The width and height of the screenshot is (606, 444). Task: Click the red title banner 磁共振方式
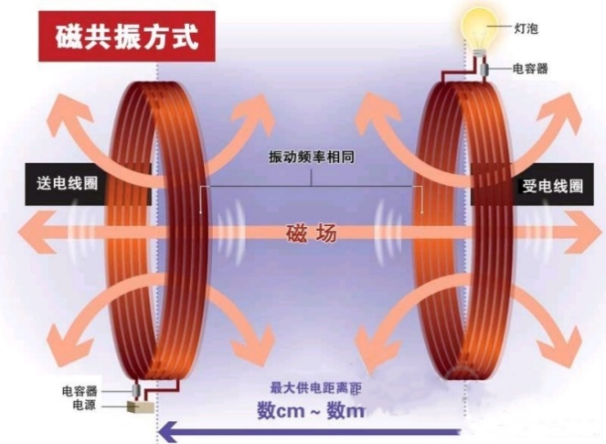click(x=127, y=37)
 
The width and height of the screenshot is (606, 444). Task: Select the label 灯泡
click(x=526, y=28)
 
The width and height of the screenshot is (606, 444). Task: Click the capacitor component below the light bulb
click(x=484, y=70)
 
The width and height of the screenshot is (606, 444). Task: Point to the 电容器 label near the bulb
click(x=530, y=69)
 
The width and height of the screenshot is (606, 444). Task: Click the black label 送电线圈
click(x=68, y=183)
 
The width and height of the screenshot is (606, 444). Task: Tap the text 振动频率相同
click(x=312, y=157)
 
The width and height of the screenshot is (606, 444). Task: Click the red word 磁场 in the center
click(x=312, y=233)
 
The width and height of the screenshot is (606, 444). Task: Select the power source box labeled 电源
click(x=140, y=406)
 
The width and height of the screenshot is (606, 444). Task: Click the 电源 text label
click(x=84, y=406)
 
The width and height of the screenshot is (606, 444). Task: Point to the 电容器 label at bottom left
click(x=80, y=391)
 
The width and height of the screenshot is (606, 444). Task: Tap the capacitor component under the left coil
click(x=136, y=391)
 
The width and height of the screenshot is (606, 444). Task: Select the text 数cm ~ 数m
click(x=311, y=410)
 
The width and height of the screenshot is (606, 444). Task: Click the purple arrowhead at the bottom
click(x=168, y=432)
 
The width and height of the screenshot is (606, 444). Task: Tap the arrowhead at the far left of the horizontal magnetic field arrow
click(x=33, y=232)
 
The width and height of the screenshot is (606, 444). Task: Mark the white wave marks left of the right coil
click(x=388, y=232)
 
